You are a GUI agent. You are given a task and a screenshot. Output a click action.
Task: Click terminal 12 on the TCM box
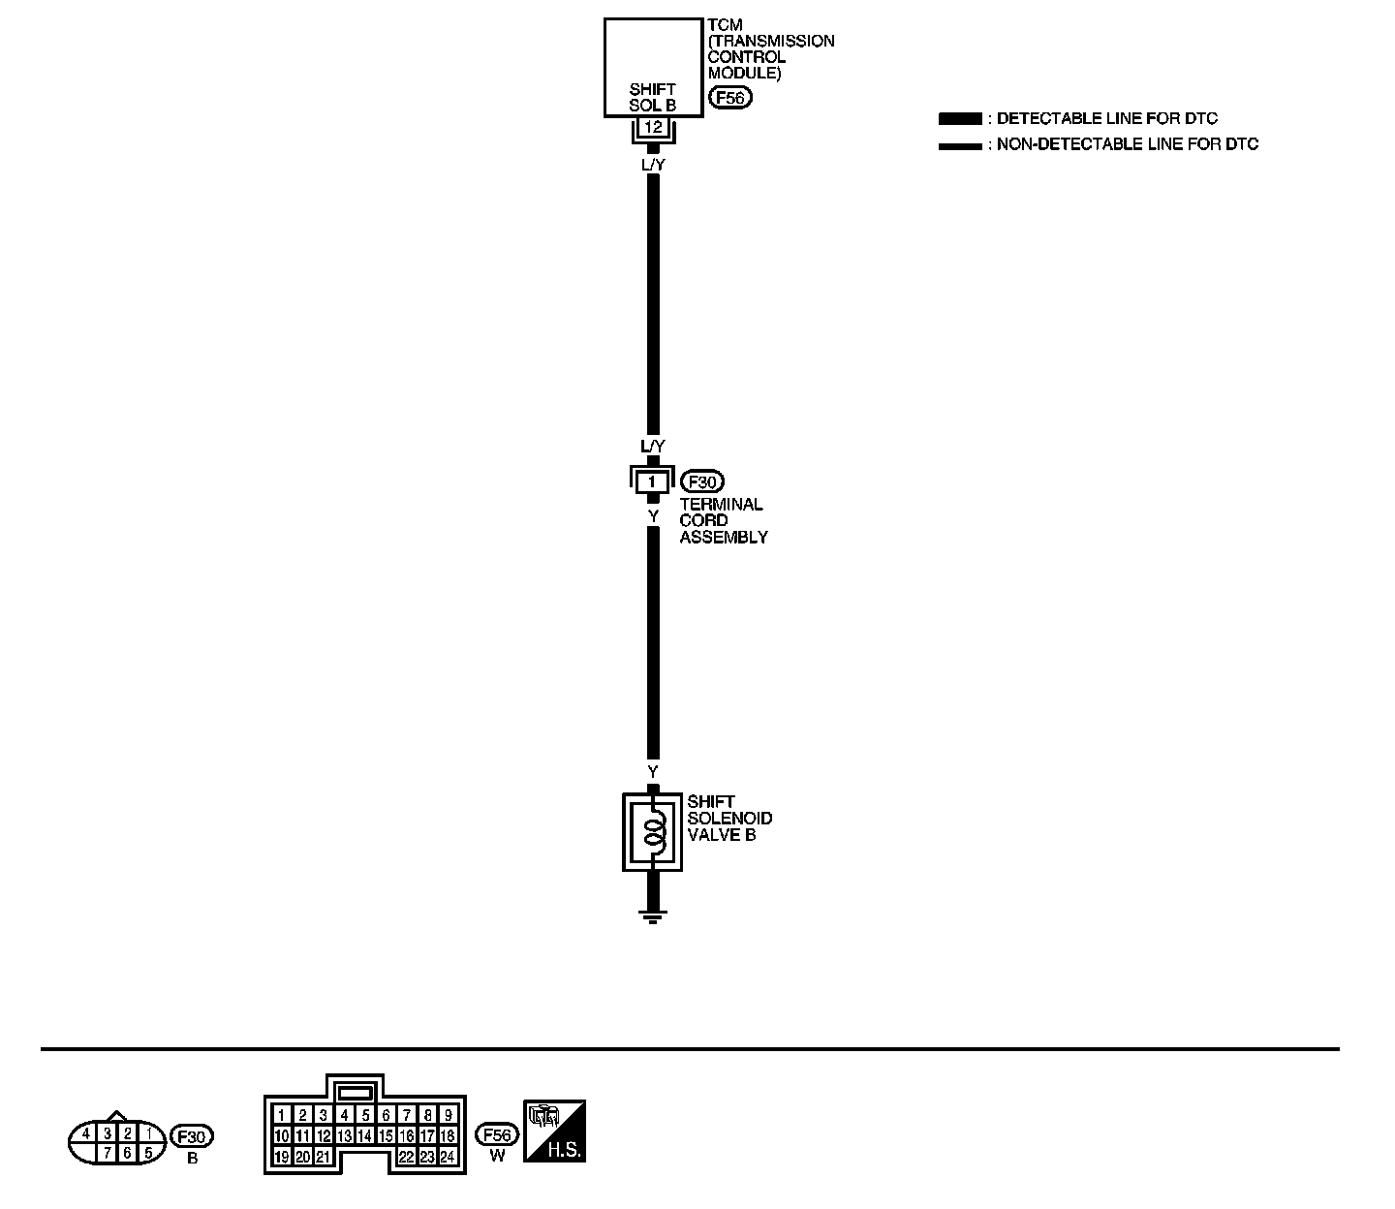[x=653, y=127]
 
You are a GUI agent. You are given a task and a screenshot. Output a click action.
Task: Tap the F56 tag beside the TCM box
[x=730, y=98]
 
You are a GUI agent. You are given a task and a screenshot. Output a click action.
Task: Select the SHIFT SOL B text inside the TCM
[x=652, y=97]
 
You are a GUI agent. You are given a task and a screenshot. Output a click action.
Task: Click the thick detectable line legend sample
[x=959, y=119]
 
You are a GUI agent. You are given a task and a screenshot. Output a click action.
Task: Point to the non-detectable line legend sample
[x=959, y=146]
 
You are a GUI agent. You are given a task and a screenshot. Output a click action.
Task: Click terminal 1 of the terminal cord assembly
[x=652, y=481]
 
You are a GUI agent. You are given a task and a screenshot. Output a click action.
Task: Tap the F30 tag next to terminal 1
[x=702, y=481]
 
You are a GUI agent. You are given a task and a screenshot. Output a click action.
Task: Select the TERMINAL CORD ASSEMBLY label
[x=722, y=521]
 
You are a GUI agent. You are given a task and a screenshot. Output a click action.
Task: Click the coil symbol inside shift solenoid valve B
[x=654, y=829]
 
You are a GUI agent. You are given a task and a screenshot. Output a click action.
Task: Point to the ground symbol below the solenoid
[x=653, y=915]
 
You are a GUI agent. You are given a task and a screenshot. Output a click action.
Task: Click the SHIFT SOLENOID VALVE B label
[x=729, y=819]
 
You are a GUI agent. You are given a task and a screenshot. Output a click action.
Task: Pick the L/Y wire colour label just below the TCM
[x=654, y=166]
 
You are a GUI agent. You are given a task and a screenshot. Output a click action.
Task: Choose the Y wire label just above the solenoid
[x=653, y=771]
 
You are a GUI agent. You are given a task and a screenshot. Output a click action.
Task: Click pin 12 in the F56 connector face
[x=325, y=1135]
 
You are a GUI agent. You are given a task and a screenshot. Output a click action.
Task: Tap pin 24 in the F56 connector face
[x=448, y=1157]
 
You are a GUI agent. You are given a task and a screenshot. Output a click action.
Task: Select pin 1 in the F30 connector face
[x=149, y=1132]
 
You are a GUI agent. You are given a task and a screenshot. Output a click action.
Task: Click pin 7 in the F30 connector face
[x=108, y=1154]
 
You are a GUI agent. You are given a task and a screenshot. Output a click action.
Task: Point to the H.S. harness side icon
[x=555, y=1131]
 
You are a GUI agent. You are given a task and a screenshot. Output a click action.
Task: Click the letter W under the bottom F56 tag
[x=497, y=1157]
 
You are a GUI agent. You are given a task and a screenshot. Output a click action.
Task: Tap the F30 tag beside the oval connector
[x=192, y=1136]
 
